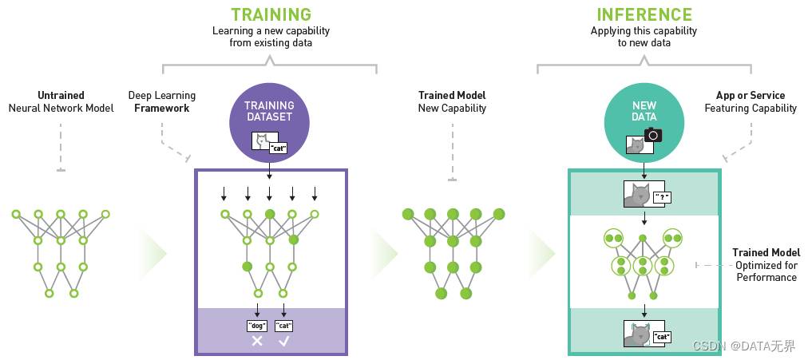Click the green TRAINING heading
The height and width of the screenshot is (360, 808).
point(271,14)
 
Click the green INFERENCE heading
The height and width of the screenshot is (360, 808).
point(644,14)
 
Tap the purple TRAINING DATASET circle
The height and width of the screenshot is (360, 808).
point(269,121)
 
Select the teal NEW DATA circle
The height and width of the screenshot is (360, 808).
point(644,121)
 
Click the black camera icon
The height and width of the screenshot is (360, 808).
point(653,134)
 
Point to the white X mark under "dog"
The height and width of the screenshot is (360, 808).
point(257,341)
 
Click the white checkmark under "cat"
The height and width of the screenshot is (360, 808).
point(284,341)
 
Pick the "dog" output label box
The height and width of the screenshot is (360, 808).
point(257,326)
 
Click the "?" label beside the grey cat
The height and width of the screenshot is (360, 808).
point(662,197)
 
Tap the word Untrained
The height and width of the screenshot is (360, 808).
point(61,95)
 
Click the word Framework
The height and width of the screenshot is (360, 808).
point(162,108)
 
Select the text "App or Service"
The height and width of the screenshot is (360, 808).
point(751,95)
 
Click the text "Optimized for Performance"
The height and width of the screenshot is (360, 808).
point(766,271)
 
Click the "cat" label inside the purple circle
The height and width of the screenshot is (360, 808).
point(279,148)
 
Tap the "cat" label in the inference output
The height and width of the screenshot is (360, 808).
point(662,338)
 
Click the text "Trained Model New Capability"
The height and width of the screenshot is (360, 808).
point(452,101)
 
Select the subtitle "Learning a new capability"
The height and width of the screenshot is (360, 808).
point(271,30)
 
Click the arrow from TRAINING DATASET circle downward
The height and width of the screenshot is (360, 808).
point(269,171)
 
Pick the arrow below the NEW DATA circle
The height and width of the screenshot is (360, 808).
point(644,170)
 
